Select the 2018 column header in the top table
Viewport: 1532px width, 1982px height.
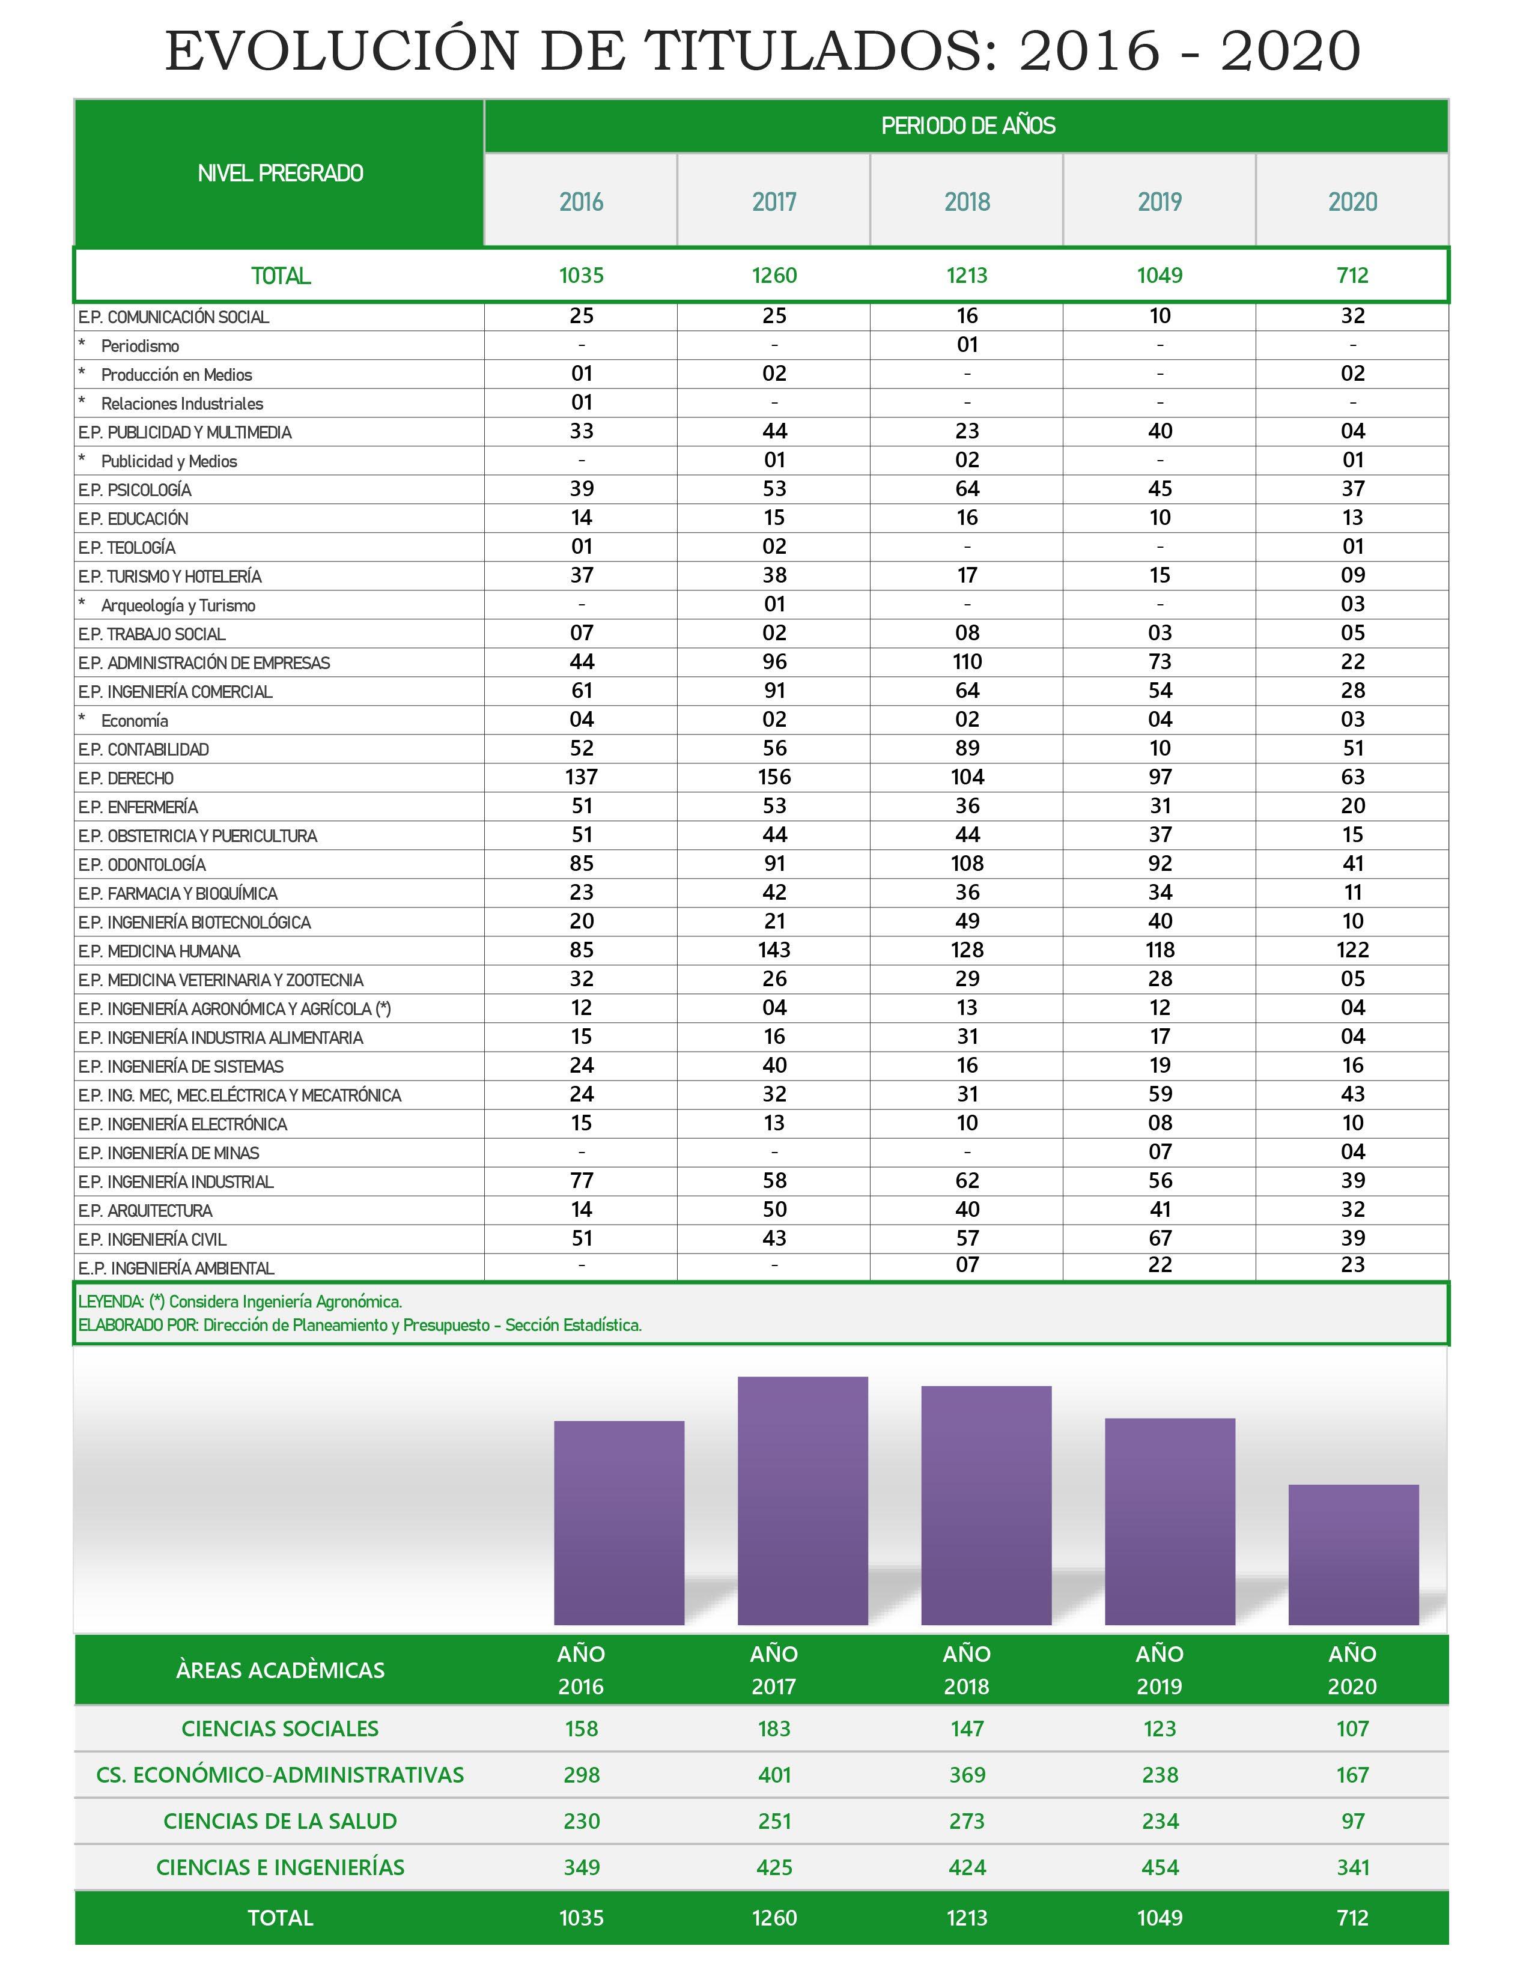967,201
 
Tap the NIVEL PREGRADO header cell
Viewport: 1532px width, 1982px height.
281,174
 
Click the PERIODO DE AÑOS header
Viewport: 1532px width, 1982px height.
967,126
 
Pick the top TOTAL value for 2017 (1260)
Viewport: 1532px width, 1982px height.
774,276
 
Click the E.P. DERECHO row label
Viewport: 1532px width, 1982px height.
126,778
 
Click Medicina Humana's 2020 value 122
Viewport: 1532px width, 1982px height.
1352,950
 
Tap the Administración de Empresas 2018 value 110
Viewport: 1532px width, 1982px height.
967,662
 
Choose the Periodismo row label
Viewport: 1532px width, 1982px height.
140,347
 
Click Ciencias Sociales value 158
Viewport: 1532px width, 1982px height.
581,1729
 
